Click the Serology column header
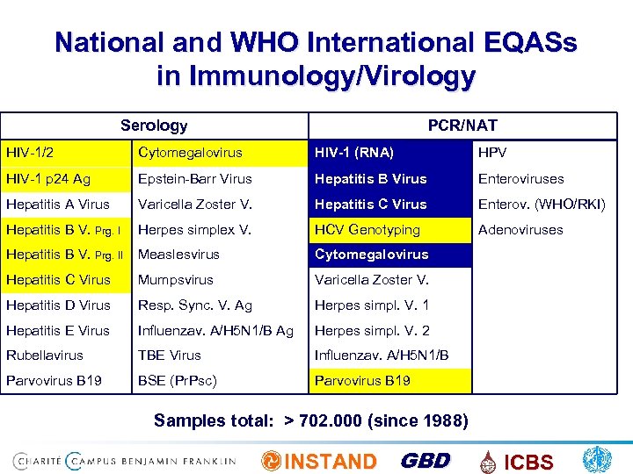tap(154, 126)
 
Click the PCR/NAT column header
tap(462, 126)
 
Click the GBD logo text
tap(425, 461)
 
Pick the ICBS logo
tap(519, 462)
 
